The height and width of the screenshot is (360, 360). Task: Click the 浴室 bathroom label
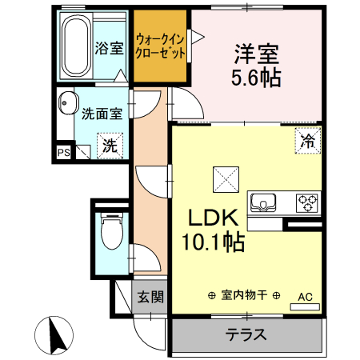[x=109, y=47]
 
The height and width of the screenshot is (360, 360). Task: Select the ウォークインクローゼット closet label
[x=160, y=46]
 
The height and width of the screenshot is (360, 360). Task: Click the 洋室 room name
[x=256, y=54]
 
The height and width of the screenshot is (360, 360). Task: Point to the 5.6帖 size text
[x=256, y=78]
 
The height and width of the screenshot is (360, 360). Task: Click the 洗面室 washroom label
[x=102, y=114]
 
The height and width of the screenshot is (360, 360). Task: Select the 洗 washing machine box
[x=110, y=146]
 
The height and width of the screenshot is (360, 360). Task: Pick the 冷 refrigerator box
[x=307, y=141]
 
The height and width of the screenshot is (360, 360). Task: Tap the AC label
[x=306, y=297]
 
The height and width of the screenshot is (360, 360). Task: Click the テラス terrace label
[x=247, y=334]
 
